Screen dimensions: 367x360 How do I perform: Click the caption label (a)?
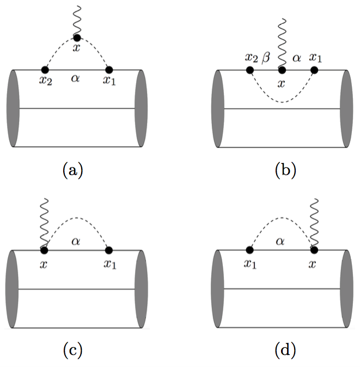72,171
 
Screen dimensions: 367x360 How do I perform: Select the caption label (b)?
285,171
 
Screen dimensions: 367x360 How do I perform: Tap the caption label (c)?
72,351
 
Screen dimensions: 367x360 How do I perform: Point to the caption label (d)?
285,351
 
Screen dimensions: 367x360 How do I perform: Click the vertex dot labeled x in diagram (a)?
77,38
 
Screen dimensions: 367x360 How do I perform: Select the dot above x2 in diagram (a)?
45,70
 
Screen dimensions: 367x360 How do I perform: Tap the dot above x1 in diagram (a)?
109,70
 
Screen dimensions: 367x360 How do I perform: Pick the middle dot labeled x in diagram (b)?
282,70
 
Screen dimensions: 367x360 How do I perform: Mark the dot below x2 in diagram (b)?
250,70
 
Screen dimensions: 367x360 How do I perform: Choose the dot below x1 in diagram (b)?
314,70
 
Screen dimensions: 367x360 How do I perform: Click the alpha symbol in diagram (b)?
297,57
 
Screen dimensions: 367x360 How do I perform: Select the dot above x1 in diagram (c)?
109,250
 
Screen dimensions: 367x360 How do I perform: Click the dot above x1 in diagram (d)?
250,250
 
